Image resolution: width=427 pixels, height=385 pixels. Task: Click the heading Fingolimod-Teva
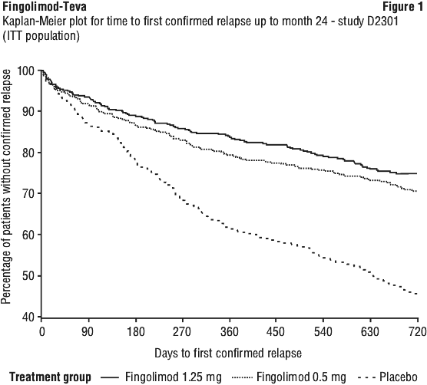coord(45,7)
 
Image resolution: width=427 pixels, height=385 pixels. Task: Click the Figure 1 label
coord(403,7)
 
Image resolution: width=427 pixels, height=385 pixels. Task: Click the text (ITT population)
coord(41,36)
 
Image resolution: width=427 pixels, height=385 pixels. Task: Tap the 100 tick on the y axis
coord(27,71)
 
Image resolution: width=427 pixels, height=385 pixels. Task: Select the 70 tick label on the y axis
coord(30,193)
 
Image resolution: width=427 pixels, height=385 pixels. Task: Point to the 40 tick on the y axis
coord(30,317)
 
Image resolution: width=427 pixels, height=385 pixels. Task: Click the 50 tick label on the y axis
coord(30,275)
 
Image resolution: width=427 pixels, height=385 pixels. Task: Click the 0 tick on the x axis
coord(41,332)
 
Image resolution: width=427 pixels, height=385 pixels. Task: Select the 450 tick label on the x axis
coord(276,332)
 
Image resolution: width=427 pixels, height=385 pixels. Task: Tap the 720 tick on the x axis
coord(418,332)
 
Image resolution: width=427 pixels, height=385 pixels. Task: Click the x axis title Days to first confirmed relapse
coord(228,354)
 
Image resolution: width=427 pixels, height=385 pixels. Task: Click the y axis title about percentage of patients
coord(6,186)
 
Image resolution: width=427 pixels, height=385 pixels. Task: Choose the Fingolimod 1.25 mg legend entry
coord(161,377)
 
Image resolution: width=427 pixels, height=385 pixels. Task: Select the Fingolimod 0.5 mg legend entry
coord(290,377)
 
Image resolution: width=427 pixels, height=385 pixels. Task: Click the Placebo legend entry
coord(388,377)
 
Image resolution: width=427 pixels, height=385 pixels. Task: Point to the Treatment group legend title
coord(51,377)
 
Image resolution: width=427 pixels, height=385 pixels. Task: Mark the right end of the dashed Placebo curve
coord(417,294)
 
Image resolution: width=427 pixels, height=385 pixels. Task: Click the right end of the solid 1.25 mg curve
coord(417,173)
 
